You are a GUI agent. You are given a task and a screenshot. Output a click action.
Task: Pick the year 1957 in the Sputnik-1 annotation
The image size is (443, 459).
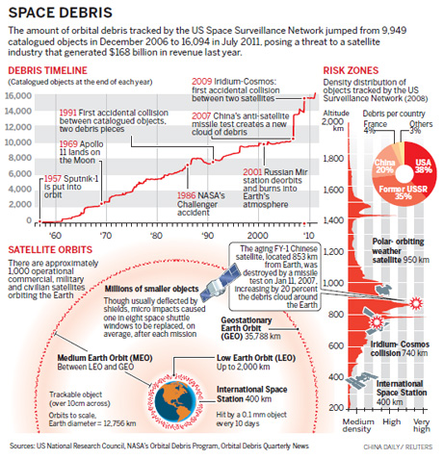pos(50,179)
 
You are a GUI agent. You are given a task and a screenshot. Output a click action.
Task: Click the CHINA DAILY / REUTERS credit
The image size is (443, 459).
pos(397,448)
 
